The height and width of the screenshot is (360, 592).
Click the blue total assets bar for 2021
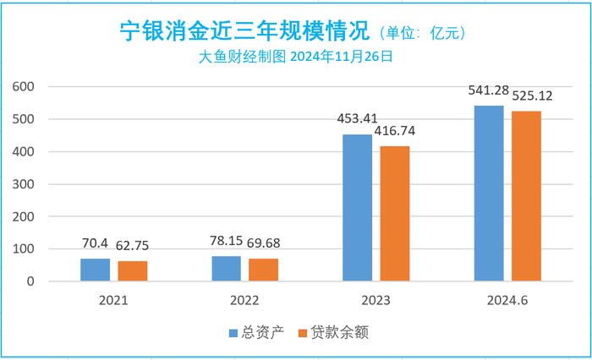95,270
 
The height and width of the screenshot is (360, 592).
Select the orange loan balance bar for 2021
132,271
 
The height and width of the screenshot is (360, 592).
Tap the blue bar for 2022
226,269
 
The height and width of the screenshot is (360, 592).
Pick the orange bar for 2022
263,270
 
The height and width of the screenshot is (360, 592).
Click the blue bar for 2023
357,208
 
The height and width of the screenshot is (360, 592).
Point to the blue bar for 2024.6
488,194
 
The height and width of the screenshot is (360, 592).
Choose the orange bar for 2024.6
525,196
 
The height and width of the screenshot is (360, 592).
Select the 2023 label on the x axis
375,299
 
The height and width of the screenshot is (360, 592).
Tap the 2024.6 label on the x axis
507,299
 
